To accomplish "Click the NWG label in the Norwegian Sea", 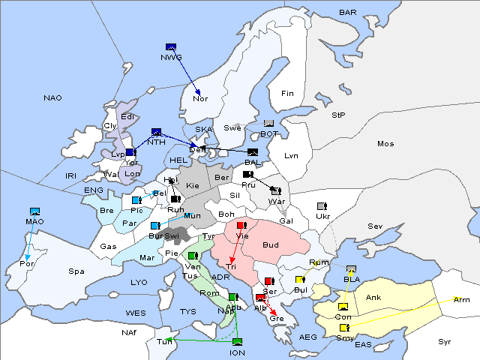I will click(171, 57).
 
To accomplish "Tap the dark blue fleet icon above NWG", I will click(170, 46).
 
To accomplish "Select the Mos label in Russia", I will click(385, 143).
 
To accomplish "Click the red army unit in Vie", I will click(241, 225).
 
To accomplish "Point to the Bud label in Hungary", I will click(270, 244).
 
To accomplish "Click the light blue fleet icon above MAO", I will click(34, 211).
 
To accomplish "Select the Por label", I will click(28, 264).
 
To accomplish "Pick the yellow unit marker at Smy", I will click(344, 328).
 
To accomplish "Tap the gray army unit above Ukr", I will click(322, 206).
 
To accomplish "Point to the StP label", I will click(338, 115).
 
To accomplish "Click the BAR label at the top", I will click(348, 12).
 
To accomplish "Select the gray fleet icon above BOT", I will click(268, 124).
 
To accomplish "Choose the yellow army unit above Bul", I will click(300, 280).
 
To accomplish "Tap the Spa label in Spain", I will click(76, 271).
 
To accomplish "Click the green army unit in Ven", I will click(192, 256).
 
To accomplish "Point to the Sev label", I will click(375, 226).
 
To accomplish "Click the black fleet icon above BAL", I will click(252, 152).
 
